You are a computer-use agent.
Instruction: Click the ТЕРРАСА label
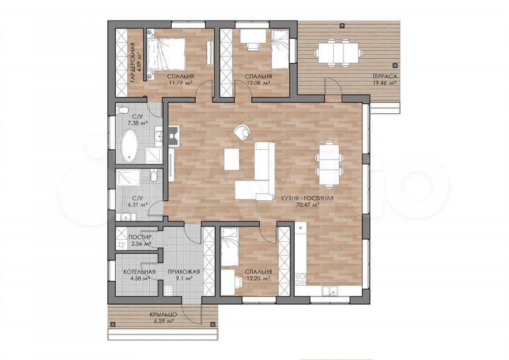(385, 76)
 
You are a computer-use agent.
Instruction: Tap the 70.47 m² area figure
(307, 204)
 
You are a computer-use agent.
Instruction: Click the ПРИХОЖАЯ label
(184, 272)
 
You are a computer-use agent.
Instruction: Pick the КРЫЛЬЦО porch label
(163, 315)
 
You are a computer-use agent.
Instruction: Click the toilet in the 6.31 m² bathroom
(155, 175)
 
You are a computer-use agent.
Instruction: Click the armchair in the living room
(242, 132)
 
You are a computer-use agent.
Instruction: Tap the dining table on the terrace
(339, 52)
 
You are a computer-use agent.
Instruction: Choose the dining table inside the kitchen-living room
(329, 165)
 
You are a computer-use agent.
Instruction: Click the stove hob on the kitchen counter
(300, 279)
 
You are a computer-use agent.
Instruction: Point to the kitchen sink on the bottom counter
(330, 291)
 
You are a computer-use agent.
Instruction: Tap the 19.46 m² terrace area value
(385, 83)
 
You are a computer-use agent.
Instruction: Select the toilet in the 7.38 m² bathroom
(123, 110)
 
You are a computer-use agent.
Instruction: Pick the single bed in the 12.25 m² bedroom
(230, 247)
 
